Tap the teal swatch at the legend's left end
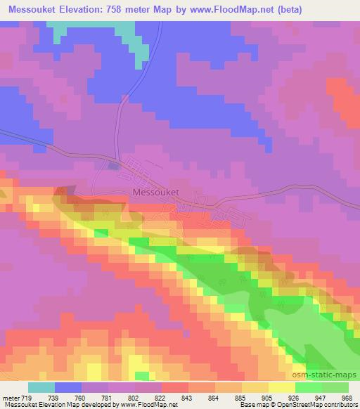click(x=41, y=387)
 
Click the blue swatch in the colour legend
click(x=67, y=387)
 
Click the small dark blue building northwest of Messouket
click(x=115, y=166)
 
